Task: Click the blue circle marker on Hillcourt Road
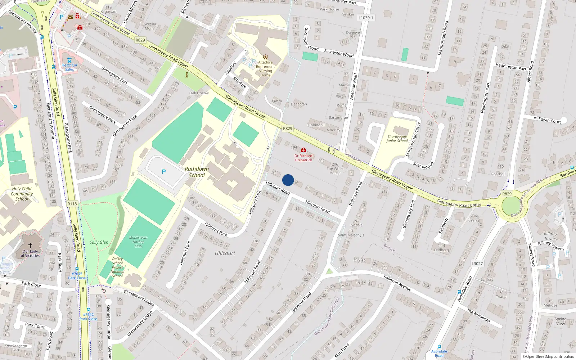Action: [288, 180]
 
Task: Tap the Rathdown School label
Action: [197, 172]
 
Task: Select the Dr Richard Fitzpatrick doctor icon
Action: [303, 150]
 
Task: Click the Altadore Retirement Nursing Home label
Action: [265, 69]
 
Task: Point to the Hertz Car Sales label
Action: [69, 67]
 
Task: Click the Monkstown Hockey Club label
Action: [138, 242]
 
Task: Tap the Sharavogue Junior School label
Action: [397, 139]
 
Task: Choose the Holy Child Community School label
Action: [22, 194]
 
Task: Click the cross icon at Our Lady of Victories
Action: [30, 246]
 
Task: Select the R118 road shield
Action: [72, 204]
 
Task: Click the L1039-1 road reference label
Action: [366, 18]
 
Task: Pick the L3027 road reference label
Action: [477, 264]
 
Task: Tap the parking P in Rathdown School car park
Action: [164, 172]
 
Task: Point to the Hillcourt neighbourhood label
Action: [225, 253]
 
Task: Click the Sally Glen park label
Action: [99, 242]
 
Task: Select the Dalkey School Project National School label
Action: [117, 267]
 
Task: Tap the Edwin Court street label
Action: [549, 121]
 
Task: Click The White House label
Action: [335, 171]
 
